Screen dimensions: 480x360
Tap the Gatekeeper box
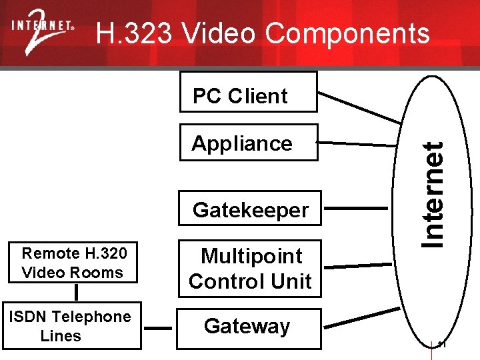point(250,210)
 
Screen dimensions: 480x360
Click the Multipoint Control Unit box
point(250,269)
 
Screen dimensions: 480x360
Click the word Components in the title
point(347,33)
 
